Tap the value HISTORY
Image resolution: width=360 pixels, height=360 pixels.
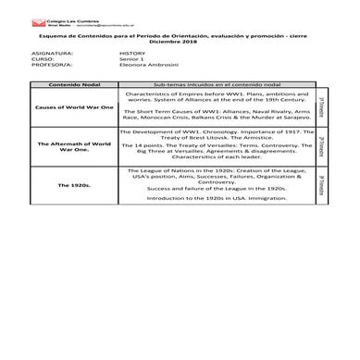[132, 55]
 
